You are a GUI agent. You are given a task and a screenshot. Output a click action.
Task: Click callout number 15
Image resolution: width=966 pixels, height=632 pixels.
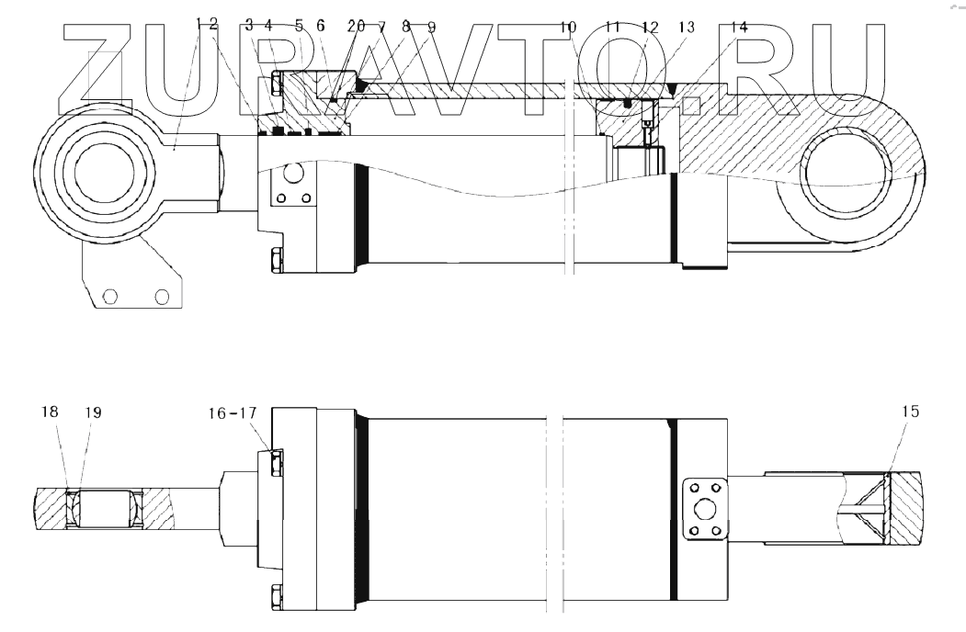909,412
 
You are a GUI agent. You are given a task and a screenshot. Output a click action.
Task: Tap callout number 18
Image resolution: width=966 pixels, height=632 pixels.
50,412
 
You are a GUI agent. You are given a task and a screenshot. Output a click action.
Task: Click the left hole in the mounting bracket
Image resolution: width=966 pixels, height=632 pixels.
110,296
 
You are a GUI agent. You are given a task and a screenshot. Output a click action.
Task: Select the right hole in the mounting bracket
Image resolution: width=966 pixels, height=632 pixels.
163,296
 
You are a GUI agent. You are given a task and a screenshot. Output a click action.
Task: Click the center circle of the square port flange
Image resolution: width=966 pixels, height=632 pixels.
706,508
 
